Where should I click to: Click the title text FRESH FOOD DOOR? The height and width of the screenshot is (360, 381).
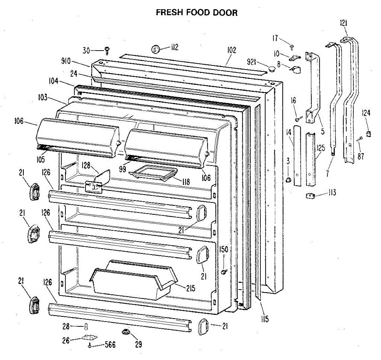tap(197, 12)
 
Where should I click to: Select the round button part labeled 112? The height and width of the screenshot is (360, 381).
tap(155, 49)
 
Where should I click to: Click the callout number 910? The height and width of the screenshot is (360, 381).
tap(66, 61)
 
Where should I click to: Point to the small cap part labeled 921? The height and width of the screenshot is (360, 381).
tap(271, 68)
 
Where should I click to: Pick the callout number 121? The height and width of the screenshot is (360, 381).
tap(343, 23)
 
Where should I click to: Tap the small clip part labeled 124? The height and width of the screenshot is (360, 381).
tap(369, 134)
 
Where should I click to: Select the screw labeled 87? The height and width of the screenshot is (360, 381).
tap(360, 139)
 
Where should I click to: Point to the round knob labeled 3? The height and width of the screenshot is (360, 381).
tap(289, 180)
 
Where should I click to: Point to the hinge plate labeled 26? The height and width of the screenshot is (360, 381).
tap(89, 338)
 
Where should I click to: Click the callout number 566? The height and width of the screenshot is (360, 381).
tap(110, 345)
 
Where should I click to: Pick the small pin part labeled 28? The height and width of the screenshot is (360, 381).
tap(85, 326)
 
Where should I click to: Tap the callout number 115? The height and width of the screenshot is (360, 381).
tap(265, 319)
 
